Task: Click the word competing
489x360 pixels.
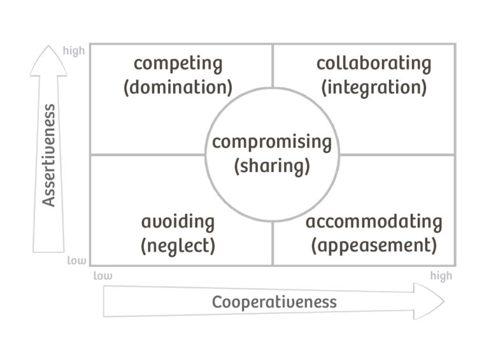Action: coord(178,64)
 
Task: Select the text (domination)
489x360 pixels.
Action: coord(178,86)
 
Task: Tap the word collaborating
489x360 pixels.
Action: coord(374,64)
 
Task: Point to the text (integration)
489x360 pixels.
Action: coord(374,86)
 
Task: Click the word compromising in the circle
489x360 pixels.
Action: coord(272,142)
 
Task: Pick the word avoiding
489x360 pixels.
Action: coord(178,222)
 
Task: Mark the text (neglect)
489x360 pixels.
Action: coord(178,245)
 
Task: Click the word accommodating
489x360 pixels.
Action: coord(374,222)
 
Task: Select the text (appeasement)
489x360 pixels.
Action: coord(374,245)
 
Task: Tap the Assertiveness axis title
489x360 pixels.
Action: coord(49,155)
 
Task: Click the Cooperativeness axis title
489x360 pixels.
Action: coord(274,301)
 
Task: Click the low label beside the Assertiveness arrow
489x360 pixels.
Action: coord(76,260)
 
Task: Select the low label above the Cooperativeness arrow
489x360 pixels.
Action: coord(103,275)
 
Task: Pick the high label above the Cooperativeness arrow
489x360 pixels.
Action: coord(441,275)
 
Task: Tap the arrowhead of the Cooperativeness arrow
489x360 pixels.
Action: coord(430,301)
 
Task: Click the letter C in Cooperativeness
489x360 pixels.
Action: coord(217,301)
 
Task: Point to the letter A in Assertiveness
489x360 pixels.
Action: coord(49,201)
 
